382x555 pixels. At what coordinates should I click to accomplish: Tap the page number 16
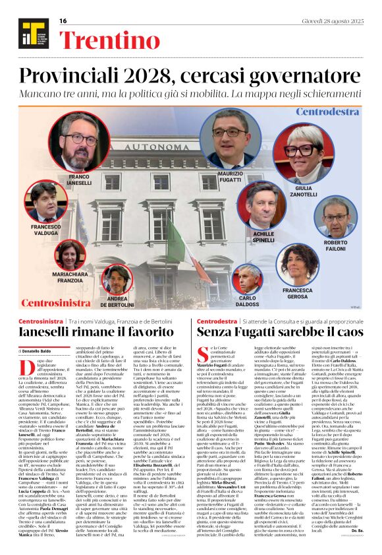tap(63, 21)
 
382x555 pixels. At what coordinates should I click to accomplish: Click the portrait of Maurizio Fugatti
tap(233, 139)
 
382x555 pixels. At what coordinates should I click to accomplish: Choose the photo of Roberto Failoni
tap(337, 217)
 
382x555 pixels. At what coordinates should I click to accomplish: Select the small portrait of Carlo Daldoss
tap(250, 278)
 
